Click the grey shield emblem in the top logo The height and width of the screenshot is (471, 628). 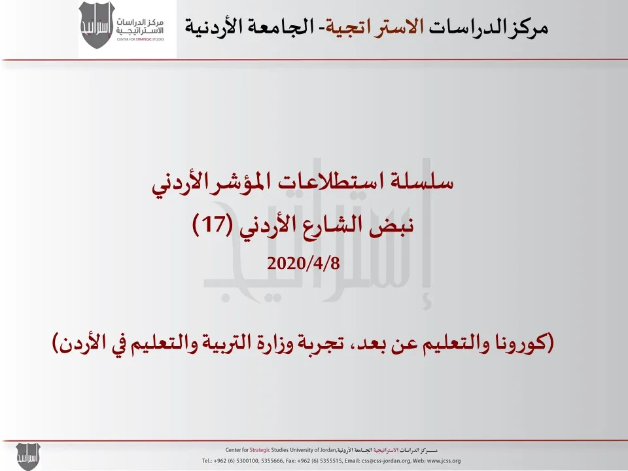coord(97,25)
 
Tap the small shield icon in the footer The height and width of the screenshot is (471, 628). coord(28,456)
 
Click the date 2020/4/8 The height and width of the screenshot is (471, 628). coord(304,264)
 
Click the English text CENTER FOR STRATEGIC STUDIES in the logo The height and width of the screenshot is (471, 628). coord(141,39)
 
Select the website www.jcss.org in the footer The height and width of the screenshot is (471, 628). coord(444,461)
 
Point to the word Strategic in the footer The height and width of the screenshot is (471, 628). coord(260,450)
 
